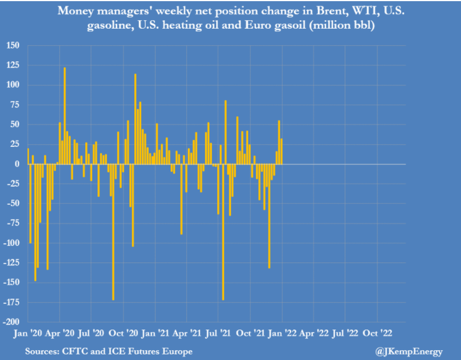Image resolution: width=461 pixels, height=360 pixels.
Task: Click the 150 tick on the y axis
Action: [x=12, y=46]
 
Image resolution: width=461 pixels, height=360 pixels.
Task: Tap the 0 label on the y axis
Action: [x=17, y=164]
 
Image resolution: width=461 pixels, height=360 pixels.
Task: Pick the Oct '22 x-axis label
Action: [x=377, y=334]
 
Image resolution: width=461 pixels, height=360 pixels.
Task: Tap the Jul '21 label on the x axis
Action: [x=218, y=334]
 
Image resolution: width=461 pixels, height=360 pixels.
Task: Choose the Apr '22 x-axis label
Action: [x=313, y=334]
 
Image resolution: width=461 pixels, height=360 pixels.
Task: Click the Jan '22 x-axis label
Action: [x=282, y=334]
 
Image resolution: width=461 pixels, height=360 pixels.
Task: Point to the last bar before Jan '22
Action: [x=282, y=151]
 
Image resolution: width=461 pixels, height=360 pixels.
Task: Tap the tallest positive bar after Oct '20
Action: [x=135, y=119]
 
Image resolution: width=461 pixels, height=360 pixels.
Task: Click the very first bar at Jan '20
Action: [x=28, y=156]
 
